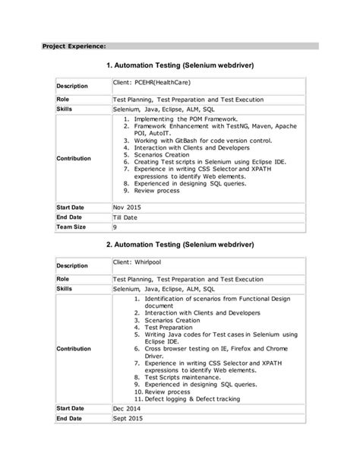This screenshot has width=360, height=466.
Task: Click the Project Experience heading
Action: click(x=74, y=46)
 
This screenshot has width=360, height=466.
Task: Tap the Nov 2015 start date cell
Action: click(x=128, y=207)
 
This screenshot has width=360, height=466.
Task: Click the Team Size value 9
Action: click(x=115, y=227)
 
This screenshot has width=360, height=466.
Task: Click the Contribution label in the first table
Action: click(x=74, y=158)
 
